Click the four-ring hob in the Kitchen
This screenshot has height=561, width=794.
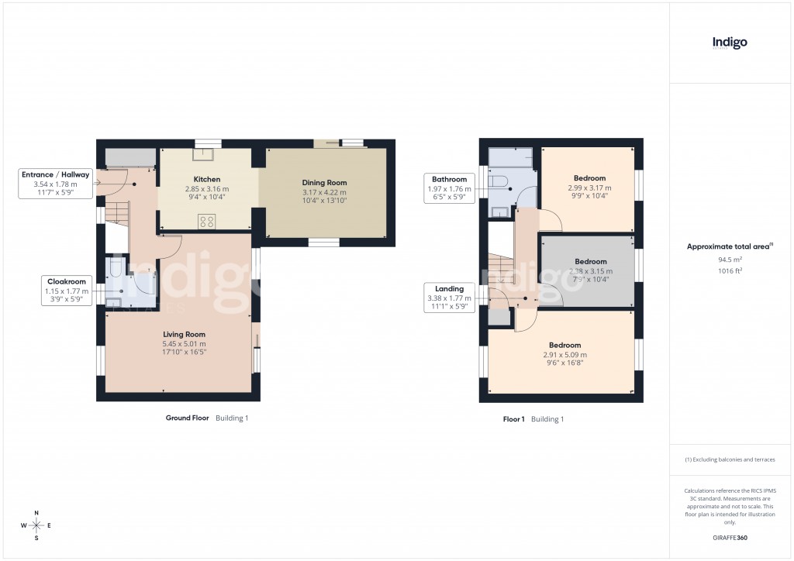click(207, 221)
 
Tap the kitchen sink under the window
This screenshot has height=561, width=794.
click(207, 153)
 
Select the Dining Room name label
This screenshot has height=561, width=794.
click(324, 183)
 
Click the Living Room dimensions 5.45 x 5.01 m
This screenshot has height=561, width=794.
click(185, 343)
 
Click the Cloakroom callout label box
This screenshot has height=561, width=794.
click(66, 291)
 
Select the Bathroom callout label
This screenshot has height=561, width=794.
click(450, 188)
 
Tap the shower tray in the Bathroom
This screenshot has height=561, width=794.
click(511, 158)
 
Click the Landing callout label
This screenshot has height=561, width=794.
click(450, 298)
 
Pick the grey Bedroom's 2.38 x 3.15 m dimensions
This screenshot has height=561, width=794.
click(590, 271)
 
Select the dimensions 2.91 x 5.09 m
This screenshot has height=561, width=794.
click(564, 355)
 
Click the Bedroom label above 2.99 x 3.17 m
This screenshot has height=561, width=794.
click(590, 178)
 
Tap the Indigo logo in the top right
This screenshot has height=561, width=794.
click(730, 43)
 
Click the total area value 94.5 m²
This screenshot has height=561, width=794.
click(729, 260)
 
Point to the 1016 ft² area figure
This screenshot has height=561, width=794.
click(729, 271)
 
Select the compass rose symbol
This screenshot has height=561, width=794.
click(36, 525)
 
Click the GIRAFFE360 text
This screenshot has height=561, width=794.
click(730, 537)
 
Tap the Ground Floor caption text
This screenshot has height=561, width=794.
click(188, 418)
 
